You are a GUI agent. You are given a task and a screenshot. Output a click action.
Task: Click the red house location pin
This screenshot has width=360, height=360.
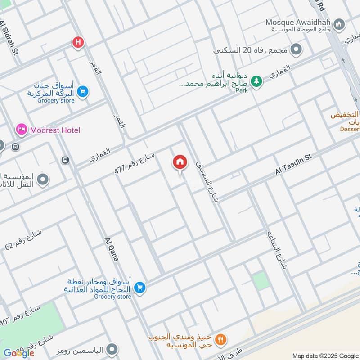pyautogui.click(x=180, y=162)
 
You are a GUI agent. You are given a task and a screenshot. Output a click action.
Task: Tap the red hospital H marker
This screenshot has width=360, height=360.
pyautogui.click(x=78, y=43)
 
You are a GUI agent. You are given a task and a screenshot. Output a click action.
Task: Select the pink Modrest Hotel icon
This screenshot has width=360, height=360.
pyautogui.click(x=21, y=130)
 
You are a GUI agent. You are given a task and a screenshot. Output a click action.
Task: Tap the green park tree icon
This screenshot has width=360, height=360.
pyautogui.click(x=256, y=81)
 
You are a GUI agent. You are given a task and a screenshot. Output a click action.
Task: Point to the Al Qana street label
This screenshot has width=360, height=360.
pyautogui.click(x=111, y=249)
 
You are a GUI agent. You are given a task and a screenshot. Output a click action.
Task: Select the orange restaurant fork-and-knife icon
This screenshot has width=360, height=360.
pyautogui.click(x=220, y=339)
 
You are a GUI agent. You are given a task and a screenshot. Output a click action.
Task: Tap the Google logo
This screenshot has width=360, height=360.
pyautogui.click(x=19, y=353)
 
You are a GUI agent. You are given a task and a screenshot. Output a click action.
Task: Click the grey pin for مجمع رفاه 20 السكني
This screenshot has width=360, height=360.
pyautogui.click(x=296, y=49)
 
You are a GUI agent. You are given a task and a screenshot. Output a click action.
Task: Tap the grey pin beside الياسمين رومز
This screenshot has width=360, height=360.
pyautogui.click(x=112, y=349)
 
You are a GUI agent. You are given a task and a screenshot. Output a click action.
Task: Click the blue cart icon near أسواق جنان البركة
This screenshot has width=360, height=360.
pyautogui.click(x=82, y=92)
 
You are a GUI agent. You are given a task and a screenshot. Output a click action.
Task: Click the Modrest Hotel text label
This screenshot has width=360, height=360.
pyautogui.click(x=55, y=130)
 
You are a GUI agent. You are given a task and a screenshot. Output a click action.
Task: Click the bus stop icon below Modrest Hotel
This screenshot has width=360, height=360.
pyautogui.click(x=65, y=160)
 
